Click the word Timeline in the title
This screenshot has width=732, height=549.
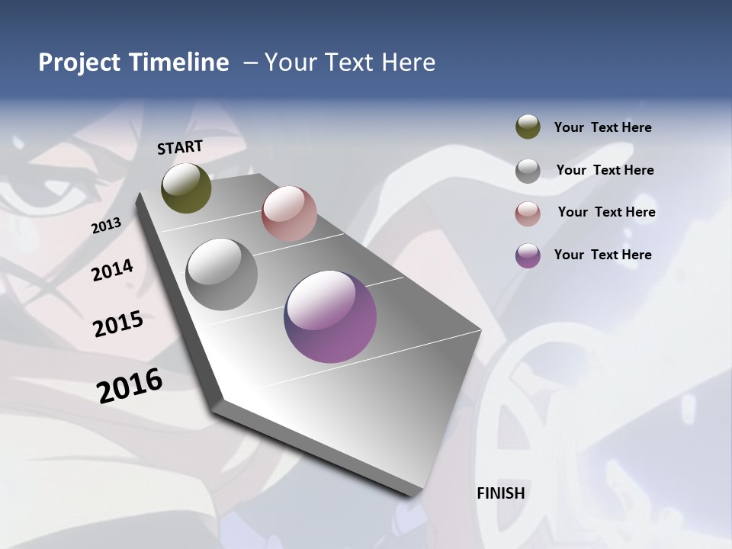178,63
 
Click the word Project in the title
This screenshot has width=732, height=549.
79,63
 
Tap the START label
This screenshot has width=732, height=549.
180,147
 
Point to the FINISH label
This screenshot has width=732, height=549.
500,493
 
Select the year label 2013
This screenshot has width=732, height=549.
106,226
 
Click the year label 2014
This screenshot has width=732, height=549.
112,270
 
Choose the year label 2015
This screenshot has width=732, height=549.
118,324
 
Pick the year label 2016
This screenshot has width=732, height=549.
130,385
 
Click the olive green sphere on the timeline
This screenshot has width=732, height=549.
186,188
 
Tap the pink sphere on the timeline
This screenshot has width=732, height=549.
289,213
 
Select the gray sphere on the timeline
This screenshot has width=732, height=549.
221,274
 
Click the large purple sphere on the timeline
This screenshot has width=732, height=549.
330,316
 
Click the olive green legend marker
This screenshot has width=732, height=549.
528,127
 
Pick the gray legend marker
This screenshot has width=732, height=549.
528,171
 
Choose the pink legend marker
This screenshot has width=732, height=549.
528,213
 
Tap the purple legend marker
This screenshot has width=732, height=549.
528,255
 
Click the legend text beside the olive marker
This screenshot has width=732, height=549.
602,127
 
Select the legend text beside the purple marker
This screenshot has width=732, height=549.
602,255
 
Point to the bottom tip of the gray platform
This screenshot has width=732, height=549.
412,496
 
